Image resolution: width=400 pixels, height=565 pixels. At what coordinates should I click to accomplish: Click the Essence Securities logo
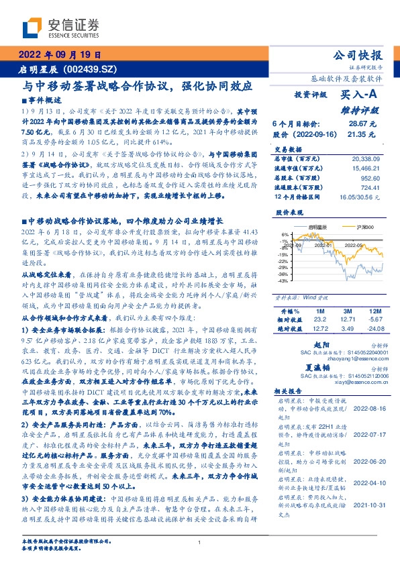click(x=60, y=28)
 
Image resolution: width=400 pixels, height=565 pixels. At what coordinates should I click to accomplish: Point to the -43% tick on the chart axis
click(x=284, y=281)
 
